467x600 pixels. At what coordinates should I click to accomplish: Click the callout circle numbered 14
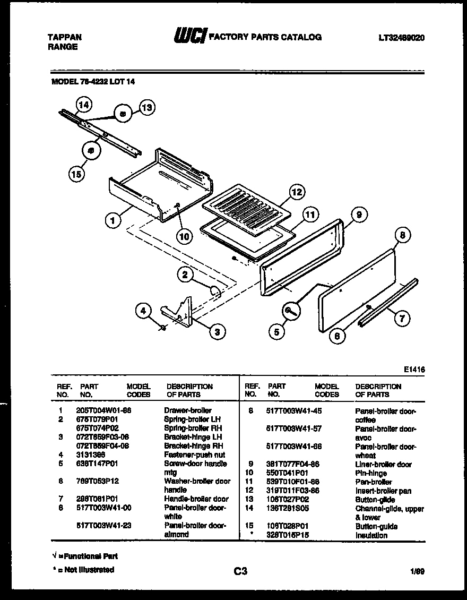(x=83, y=105)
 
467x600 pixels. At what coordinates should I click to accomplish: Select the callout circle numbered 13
(x=146, y=108)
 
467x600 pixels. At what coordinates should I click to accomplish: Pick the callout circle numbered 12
(x=297, y=192)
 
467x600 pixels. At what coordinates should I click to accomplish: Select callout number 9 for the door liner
(x=359, y=215)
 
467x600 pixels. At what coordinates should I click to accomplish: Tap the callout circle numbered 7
(x=402, y=319)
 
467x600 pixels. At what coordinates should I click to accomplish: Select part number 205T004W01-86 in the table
(x=103, y=410)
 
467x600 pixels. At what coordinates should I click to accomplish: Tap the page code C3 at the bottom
(x=240, y=571)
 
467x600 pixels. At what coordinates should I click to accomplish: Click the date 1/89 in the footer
(x=417, y=571)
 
